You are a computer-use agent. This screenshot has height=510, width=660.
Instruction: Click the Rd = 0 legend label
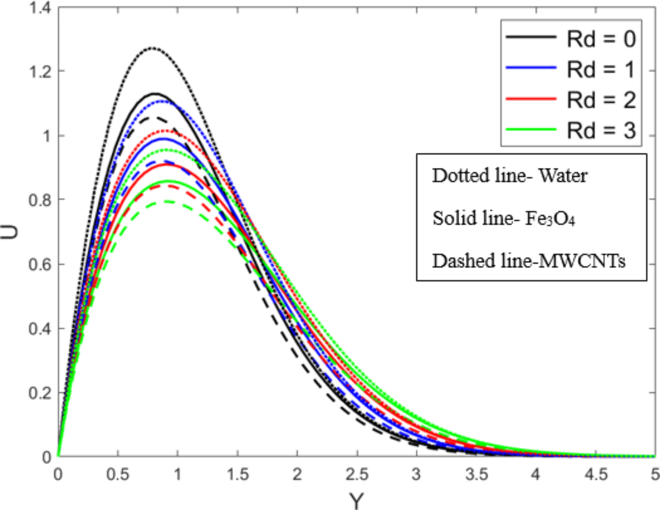coord(601,39)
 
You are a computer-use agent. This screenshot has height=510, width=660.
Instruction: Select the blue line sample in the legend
coord(531,68)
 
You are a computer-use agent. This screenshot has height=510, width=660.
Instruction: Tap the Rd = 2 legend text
coord(601,100)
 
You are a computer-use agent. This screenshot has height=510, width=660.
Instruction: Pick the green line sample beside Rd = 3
coord(531,129)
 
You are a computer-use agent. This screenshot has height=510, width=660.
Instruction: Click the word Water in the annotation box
coord(563,176)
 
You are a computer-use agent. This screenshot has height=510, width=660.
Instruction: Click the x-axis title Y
coord(356,501)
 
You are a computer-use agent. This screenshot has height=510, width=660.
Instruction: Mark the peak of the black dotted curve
coord(152,48)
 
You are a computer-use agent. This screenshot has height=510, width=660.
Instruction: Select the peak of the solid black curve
coord(154,94)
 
